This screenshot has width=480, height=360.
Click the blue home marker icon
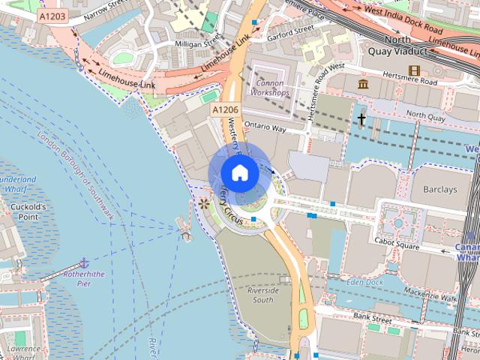[239, 172]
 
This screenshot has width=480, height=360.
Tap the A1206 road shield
[224, 110]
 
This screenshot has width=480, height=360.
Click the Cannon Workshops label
[271, 88]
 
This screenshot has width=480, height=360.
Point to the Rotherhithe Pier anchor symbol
[85, 262]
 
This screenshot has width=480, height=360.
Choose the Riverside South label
[262, 295]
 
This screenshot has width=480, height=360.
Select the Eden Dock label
[365, 282]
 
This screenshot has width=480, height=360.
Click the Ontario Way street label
[265, 128]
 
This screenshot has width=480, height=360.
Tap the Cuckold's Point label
[28, 211]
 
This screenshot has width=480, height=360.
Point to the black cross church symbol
[361, 119]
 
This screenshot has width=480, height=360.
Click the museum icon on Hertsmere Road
[364, 83]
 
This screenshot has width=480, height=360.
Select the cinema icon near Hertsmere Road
[414, 71]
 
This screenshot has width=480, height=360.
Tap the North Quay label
[425, 116]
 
